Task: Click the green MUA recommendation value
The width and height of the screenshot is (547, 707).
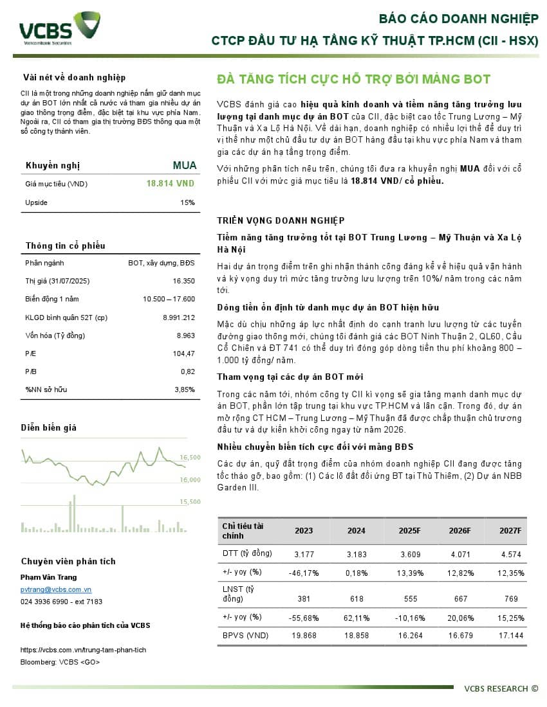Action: tap(184, 165)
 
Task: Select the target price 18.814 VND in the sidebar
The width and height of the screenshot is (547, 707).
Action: tap(170, 184)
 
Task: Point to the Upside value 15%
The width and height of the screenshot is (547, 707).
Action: tap(187, 202)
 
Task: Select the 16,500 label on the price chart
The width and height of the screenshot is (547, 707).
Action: tap(190, 458)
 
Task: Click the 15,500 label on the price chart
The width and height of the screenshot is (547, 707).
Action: tap(190, 502)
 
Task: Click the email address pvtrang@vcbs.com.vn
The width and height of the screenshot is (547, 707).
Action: tap(56, 589)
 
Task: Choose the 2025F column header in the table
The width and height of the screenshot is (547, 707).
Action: tap(409, 531)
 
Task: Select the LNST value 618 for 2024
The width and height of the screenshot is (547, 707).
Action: tap(356, 598)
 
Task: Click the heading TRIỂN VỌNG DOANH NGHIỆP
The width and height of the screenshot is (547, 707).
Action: tap(281, 220)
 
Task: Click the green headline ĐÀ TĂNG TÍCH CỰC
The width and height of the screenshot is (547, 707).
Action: tap(353, 80)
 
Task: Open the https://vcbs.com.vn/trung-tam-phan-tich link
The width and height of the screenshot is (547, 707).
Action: tap(83, 650)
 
